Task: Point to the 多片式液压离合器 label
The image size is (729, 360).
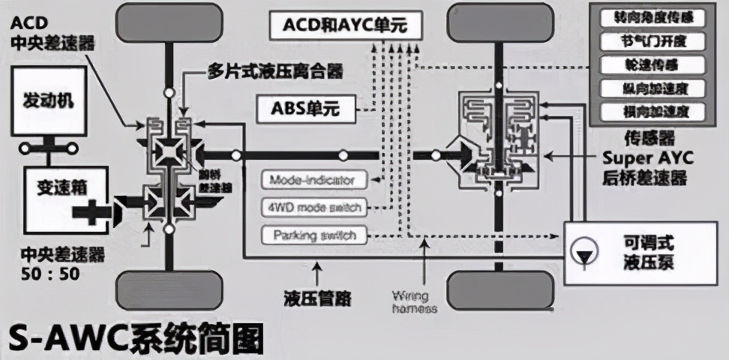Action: (274, 71)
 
